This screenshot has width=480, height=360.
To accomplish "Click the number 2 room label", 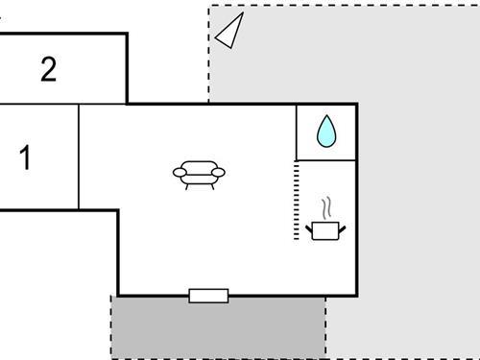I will [x=48, y=69].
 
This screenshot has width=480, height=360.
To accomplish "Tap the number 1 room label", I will [x=26, y=157].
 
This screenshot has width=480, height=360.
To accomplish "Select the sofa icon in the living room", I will [x=199, y=173].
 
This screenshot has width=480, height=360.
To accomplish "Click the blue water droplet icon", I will [x=326, y=132].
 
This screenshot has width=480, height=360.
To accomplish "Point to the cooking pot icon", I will [x=324, y=229].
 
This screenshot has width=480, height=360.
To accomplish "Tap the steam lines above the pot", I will [x=328, y=206].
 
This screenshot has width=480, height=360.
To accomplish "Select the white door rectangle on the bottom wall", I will [x=208, y=295].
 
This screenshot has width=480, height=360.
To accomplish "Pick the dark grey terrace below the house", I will [x=218, y=326].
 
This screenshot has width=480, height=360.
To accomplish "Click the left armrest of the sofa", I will [x=180, y=173].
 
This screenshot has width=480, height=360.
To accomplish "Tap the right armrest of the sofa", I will [x=218, y=173].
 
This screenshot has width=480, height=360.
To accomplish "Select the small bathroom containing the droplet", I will [x=326, y=132].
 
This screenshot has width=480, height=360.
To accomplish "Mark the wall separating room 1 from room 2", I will [x=38, y=103].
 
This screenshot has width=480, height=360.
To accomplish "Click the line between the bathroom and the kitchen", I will [x=326, y=158].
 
